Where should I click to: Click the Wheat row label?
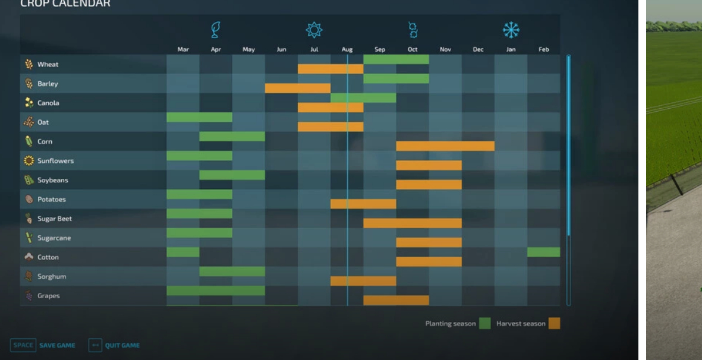(x=48, y=65)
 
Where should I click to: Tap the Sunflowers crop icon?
(x=29, y=161)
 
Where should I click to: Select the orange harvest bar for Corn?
(x=445, y=146)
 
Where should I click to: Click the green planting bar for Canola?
(x=363, y=98)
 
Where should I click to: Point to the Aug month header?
(x=347, y=50)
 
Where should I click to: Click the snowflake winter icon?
(x=511, y=30)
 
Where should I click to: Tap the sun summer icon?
(x=314, y=30)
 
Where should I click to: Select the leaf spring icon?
(x=216, y=30)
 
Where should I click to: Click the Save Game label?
(x=57, y=346)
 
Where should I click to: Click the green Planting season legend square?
(x=484, y=324)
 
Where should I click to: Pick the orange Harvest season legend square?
(x=554, y=324)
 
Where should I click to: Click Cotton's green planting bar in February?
(x=543, y=252)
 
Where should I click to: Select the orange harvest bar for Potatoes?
(x=363, y=204)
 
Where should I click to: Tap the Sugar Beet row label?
(x=55, y=219)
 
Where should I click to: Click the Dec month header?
(x=478, y=50)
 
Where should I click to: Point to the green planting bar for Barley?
(x=396, y=78)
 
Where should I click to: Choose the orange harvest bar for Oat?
(x=330, y=127)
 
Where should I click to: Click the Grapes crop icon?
(x=29, y=296)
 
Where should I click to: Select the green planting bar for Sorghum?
(x=232, y=271)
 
